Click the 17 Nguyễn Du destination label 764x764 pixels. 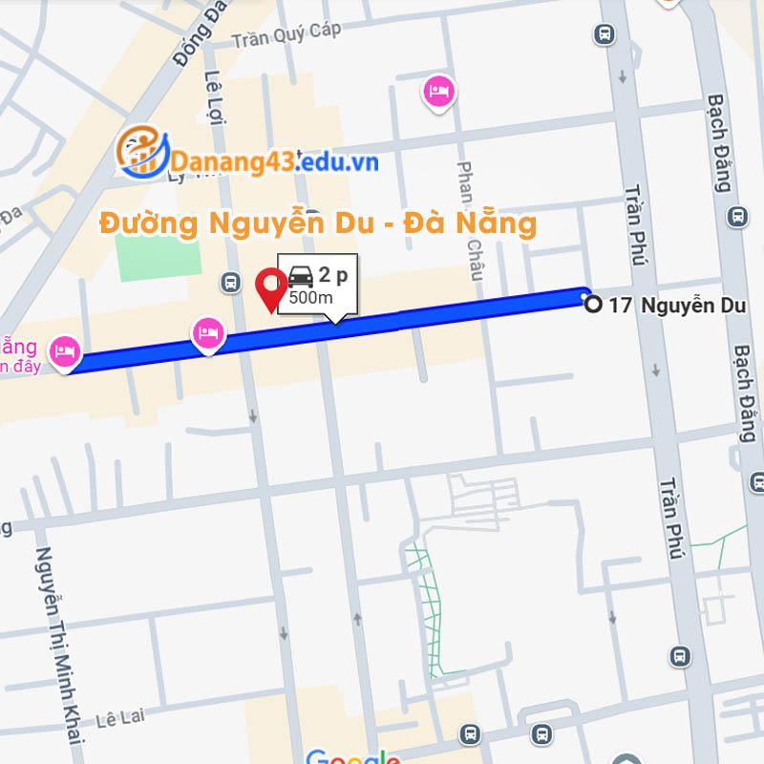(x=677, y=306)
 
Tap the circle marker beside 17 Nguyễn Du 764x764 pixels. (x=593, y=305)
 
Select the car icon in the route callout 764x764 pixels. (x=301, y=276)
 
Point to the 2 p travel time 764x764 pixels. (x=332, y=275)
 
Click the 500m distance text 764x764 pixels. (x=310, y=297)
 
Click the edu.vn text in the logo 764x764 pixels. (x=339, y=162)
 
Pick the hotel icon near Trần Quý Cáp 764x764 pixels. (x=438, y=91)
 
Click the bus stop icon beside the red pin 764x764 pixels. (x=230, y=282)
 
